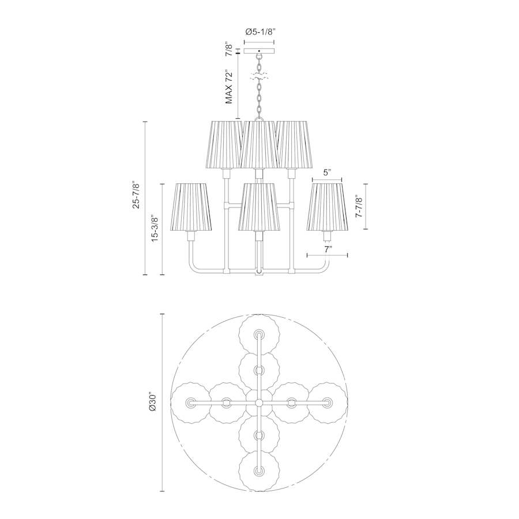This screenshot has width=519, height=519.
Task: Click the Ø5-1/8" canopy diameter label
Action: pos(259,33)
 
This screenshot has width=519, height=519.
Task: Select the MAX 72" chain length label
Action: pos(230,86)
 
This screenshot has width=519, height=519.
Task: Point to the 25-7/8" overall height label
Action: pos(136,195)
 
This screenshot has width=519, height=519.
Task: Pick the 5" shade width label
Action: pos(327,172)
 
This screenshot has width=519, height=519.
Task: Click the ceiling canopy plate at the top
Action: pos(259,51)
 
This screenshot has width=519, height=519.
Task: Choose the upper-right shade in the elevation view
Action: pos(294,144)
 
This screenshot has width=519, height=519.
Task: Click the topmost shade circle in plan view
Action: pos(259,334)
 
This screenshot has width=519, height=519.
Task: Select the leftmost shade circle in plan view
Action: pos(191,402)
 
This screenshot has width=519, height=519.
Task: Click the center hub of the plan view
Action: pos(259,402)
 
